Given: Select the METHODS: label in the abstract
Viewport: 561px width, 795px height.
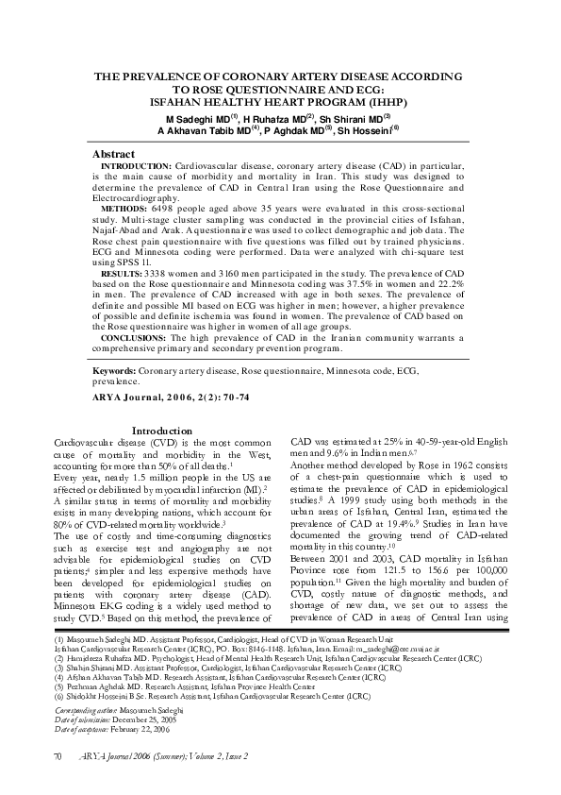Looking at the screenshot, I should click(x=124, y=208).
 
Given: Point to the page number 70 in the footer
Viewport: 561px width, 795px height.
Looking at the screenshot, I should click(x=58, y=756).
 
